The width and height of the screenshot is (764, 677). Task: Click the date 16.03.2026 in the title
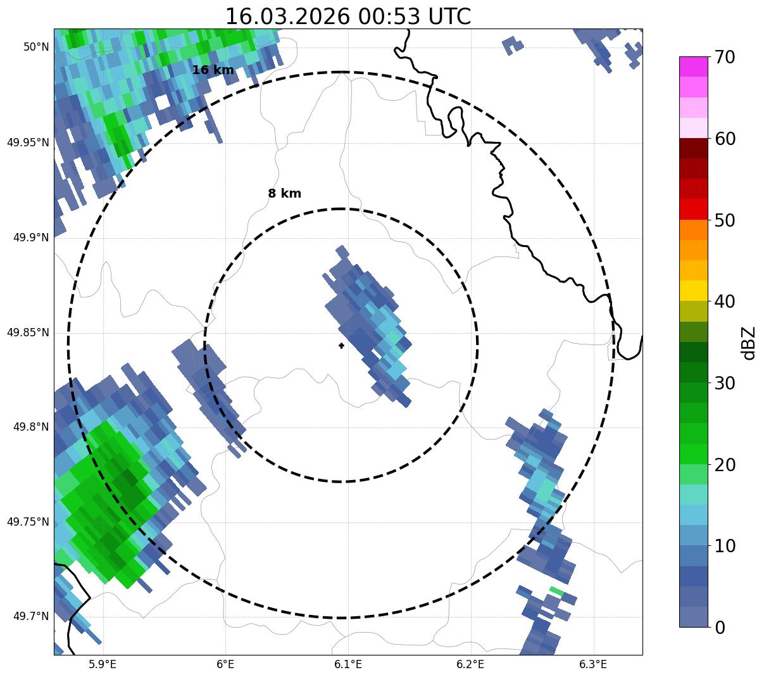287,16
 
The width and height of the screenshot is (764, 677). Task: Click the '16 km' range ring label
213,70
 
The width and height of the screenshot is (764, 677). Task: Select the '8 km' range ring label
284,194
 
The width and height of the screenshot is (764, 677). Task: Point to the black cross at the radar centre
341,346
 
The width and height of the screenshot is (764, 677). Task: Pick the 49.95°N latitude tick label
28,142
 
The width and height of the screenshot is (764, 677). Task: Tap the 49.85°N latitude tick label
28,332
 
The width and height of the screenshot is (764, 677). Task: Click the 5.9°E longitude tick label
103,664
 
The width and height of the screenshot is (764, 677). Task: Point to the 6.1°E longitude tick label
348,664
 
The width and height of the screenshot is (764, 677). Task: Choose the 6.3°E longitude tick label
593,664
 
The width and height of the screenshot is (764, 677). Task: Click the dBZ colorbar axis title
749,343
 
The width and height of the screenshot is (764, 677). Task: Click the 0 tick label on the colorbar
720,628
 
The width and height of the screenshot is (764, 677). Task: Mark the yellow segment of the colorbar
693,291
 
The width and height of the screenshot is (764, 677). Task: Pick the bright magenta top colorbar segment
693,66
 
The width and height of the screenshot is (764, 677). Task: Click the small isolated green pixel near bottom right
556,591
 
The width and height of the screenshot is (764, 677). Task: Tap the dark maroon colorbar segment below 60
693,148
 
